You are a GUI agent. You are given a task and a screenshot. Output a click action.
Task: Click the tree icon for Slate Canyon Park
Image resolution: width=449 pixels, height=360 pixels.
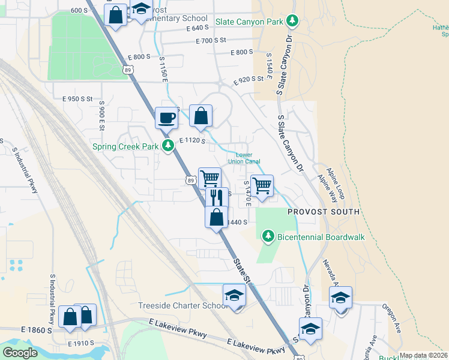292,22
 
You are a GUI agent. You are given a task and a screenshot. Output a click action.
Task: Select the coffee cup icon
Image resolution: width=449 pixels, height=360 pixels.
166,117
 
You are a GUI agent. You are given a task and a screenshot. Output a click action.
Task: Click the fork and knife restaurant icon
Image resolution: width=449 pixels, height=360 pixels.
217,197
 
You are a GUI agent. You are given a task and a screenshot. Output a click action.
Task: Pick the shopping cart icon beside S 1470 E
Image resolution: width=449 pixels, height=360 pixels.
262,185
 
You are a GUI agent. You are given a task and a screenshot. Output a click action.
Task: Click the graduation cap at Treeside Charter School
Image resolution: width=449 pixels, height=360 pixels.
234,295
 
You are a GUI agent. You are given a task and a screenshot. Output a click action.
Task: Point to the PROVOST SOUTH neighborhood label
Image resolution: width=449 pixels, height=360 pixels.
323,212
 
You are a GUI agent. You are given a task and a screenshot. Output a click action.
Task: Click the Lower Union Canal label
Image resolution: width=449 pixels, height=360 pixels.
244,158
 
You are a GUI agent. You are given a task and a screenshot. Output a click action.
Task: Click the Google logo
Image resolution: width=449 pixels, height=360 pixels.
20,352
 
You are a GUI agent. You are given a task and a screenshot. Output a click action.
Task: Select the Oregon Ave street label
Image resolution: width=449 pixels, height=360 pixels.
391,317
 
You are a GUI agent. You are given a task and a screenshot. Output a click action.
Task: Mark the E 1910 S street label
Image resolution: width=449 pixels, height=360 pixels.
82,344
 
